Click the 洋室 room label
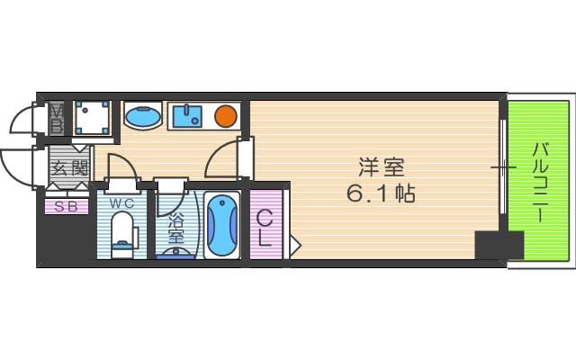pyautogui.click(x=382, y=167)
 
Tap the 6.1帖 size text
pyautogui.click(x=382, y=193)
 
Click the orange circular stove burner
pyautogui.click(x=225, y=115)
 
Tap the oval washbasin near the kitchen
pyautogui.click(x=141, y=117)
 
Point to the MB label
pyautogui.click(x=56, y=118)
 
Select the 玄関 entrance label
pyautogui.click(x=68, y=168)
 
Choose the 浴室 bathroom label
pyautogui.click(x=175, y=229)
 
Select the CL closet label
pyautogui.click(x=266, y=227)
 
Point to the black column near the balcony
pyautogui.click(x=499, y=245)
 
